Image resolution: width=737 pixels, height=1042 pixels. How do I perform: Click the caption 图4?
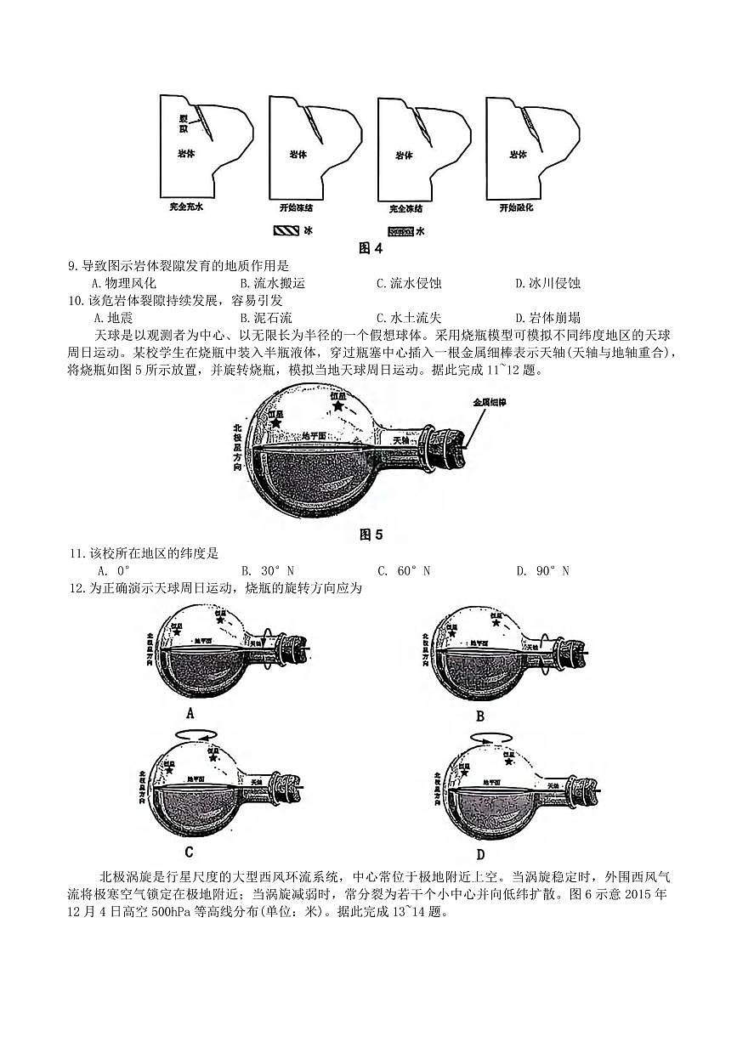point(371,248)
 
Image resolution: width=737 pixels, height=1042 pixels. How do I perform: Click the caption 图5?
point(371,535)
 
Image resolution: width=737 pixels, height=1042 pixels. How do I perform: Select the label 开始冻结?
point(296,207)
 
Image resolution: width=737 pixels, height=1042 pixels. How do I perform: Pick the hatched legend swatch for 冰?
point(286,230)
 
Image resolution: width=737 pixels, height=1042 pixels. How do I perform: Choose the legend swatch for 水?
point(400,230)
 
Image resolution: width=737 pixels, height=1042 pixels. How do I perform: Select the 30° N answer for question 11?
point(267,570)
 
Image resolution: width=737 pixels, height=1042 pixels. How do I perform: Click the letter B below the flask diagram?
point(479,716)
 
